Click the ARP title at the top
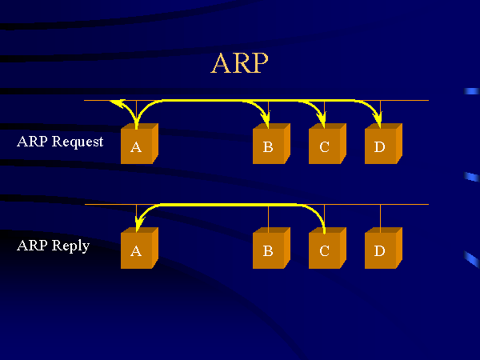[239, 63]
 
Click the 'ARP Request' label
[60, 142]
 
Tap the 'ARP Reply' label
[53, 246]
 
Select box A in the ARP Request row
[138, 146]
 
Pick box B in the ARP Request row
[270, 146]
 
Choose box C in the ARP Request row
[326, 146]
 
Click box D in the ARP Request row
[381, 146]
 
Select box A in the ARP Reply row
[138, 250]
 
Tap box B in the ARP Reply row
[270, 250]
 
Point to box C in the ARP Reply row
[326, 250]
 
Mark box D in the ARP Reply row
[381, 250]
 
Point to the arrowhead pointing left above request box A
[117, 102]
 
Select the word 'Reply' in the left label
[70, 246]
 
